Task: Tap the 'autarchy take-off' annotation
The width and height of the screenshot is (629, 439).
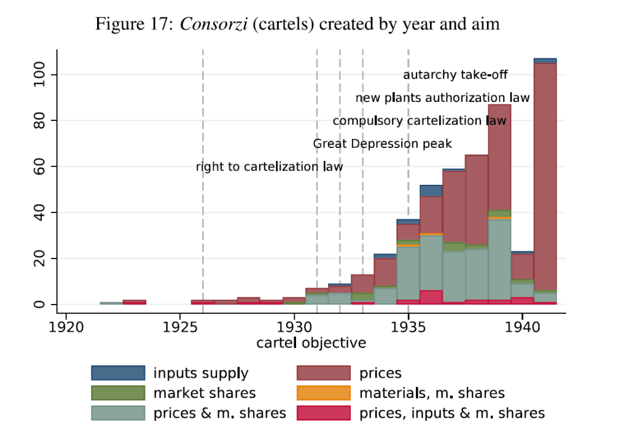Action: point(455,75)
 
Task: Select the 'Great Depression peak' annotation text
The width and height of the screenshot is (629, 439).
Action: point(382,144)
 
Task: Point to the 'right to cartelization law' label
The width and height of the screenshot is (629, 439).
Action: point(269,166)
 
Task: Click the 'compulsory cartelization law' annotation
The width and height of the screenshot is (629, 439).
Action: point(420,121)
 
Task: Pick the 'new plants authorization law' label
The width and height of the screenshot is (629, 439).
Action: point(442,98)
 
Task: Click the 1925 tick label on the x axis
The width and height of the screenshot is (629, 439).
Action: point(180,326)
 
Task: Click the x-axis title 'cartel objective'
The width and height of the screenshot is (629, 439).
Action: point(311,343)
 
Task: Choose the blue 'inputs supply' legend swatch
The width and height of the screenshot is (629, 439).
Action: point(118,373)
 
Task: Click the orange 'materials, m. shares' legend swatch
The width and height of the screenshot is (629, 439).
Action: point(323,392)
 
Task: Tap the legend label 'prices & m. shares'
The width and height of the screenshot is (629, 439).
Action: point(219,413)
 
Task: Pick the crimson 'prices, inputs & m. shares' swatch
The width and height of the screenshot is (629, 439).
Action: point(323,413)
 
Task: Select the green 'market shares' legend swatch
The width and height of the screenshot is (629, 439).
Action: point(118,392)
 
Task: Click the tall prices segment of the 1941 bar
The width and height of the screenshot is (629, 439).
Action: point(545,172)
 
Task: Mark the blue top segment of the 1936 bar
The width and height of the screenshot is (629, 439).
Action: point(431,191)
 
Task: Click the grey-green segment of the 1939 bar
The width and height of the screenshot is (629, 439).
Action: point(499,258)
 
